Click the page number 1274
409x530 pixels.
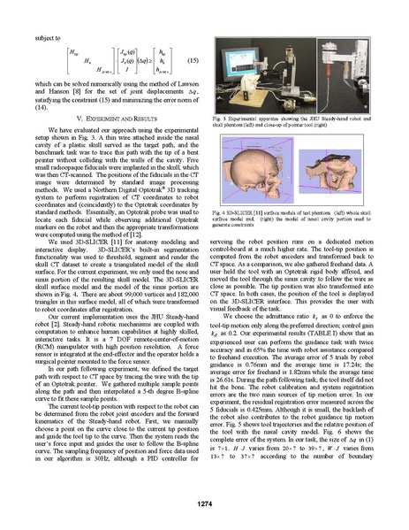(x=204, y=503)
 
